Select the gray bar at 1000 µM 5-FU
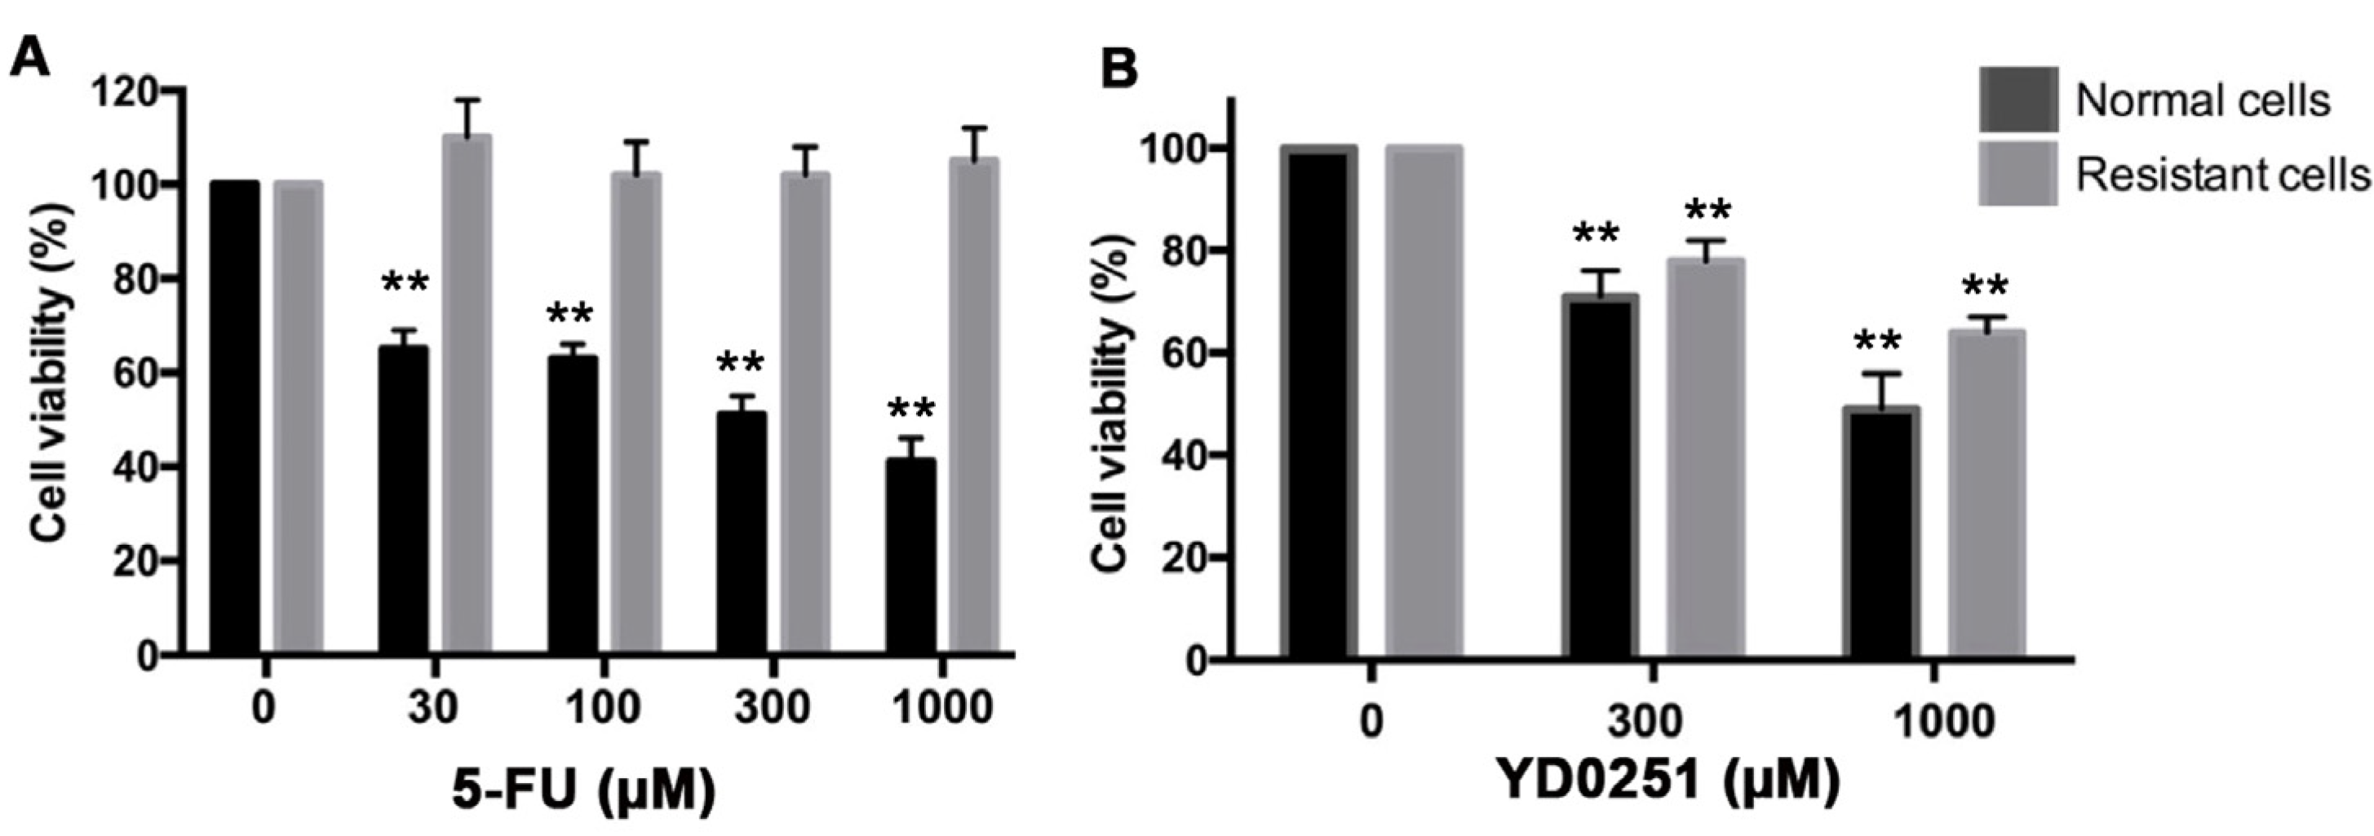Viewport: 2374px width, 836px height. [974, 405]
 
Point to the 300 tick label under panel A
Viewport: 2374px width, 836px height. [772, 709]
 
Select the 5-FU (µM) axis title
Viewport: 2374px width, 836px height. [583, 790]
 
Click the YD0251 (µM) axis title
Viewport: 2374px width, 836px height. [1668, 781]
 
